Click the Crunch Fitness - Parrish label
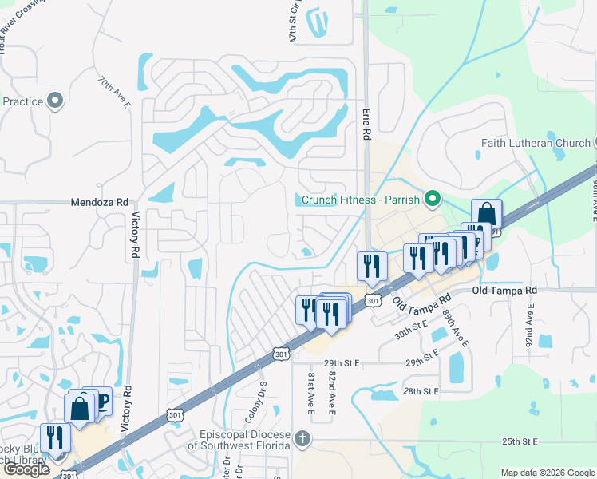(x=360, y=199)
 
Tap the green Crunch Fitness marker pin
(x=433, y=198)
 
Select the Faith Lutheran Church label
(x=536, y=144)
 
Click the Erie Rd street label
(x=367, y=125)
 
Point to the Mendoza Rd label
(x=99, y=203)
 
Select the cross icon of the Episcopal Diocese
(x=302, y=438)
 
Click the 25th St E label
(x=522, y=441)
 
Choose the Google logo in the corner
(x=26, y=469)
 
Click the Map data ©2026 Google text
(x=547, y=473)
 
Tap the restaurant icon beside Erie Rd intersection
(x=372, y=266)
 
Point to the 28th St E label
(x=422, y=392)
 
